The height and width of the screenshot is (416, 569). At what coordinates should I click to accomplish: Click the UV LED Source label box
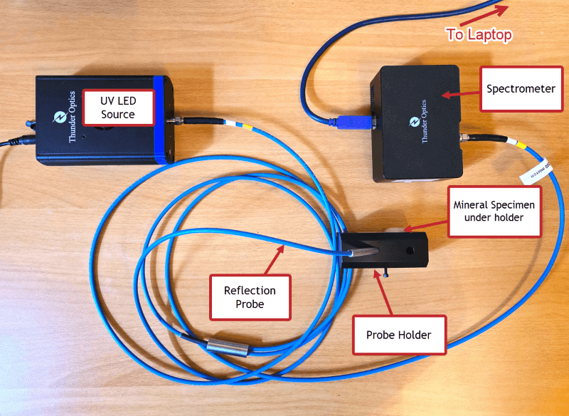pos(117,107)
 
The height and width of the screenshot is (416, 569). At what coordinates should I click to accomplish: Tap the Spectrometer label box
pos(521,89)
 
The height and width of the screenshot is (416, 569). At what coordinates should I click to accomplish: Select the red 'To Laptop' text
pos(479,33)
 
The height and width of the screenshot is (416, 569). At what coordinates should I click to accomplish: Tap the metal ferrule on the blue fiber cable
pos(227,348)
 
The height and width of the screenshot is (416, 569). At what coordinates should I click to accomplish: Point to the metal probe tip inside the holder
pos(367,251)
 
